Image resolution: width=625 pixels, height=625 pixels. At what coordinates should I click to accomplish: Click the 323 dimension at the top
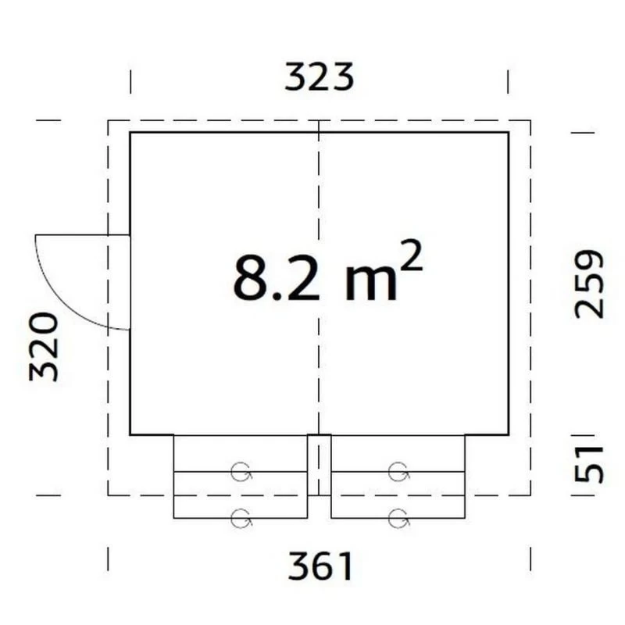click(320, 77)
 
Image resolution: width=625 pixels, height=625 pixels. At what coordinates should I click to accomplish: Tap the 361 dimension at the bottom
click(320, 566)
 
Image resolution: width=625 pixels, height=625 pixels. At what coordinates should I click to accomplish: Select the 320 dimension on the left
click(44, 347)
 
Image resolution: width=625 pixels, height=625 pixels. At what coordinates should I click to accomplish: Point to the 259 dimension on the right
click(589, 284)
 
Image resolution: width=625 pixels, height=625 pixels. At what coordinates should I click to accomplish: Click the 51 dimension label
click(589, 464)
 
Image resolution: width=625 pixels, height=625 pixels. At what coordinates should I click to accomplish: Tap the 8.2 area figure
click(277, 277)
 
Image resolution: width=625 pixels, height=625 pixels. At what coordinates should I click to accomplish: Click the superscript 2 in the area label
click(410, 256)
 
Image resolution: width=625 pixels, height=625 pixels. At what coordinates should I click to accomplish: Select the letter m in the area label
click(370, 283)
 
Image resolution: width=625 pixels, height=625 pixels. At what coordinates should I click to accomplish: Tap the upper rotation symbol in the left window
click(241, 472)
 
